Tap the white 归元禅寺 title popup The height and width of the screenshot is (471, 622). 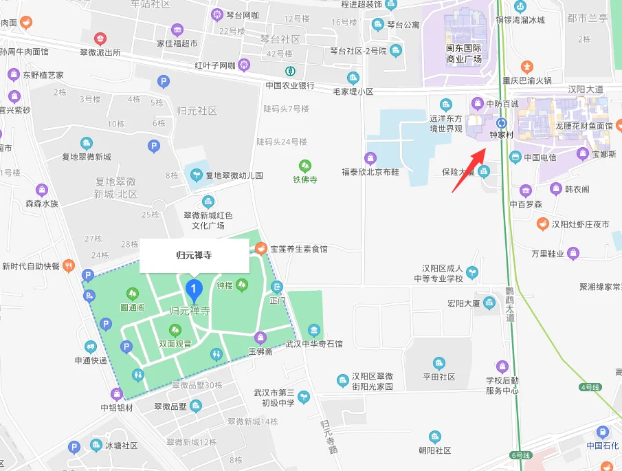coord(195,256)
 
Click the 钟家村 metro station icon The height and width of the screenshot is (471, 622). coord(501,122)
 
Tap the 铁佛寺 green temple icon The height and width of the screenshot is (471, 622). coord(304,166)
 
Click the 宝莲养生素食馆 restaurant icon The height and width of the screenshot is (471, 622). coord(261,248)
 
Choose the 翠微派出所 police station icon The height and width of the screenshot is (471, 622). coord(100,38)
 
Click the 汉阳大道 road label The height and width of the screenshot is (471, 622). coord(586,89)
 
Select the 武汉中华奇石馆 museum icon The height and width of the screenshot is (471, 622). coord(314,330)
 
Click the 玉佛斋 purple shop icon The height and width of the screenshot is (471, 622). coord(260,337)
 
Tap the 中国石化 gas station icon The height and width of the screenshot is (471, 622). coord(603,432)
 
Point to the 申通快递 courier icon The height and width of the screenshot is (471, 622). coord(91,347)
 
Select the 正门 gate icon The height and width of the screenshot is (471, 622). coord(277,287)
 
